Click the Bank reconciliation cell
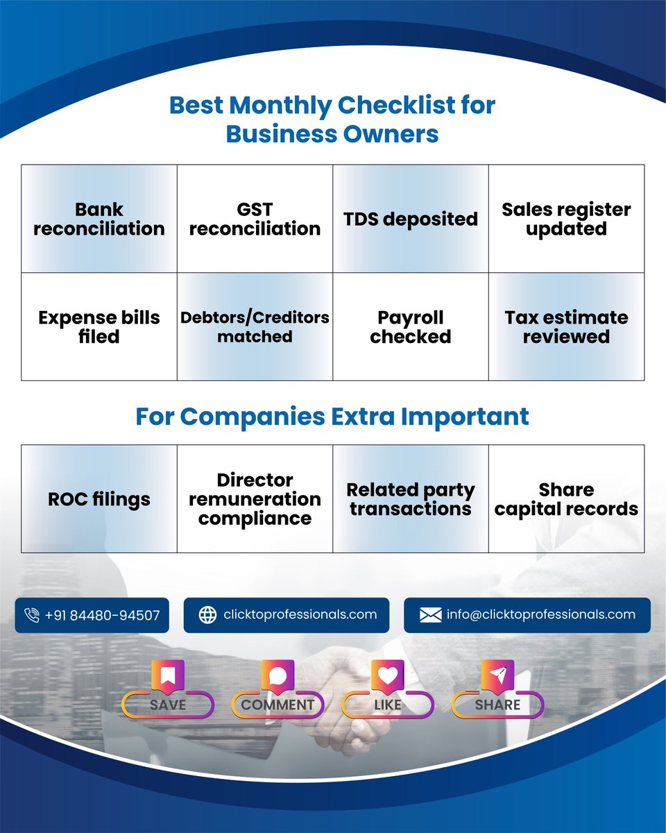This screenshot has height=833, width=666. [x=99, y=219]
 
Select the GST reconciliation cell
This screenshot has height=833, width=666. [x=255, y=219]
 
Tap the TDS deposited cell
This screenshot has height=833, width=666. [x=411, y=219]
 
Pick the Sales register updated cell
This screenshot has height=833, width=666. [x=566, y=219]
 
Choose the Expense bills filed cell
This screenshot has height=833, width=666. [x=99, y=327]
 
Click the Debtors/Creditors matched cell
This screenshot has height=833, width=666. [x=255, y=327]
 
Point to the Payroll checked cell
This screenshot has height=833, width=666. [x=411, y=327]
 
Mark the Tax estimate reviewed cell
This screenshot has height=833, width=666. [x=566, y=327]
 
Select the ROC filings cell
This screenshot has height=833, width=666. [x=99, y=499]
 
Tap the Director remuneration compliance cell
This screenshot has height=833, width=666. [x=255, y=499]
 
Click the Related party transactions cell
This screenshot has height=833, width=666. [x=411, y=499]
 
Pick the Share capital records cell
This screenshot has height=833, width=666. [x=566, y=499]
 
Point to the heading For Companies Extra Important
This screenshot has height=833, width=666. [x=332, y=416]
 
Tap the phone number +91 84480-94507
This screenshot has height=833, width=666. [x=102, y=615]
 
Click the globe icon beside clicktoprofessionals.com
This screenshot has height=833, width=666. [x=207, y=615]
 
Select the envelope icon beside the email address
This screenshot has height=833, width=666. [x=430, y=615]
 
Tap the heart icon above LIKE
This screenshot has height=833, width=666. [x=387, y=675]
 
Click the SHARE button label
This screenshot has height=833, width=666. [x=497, y=705]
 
